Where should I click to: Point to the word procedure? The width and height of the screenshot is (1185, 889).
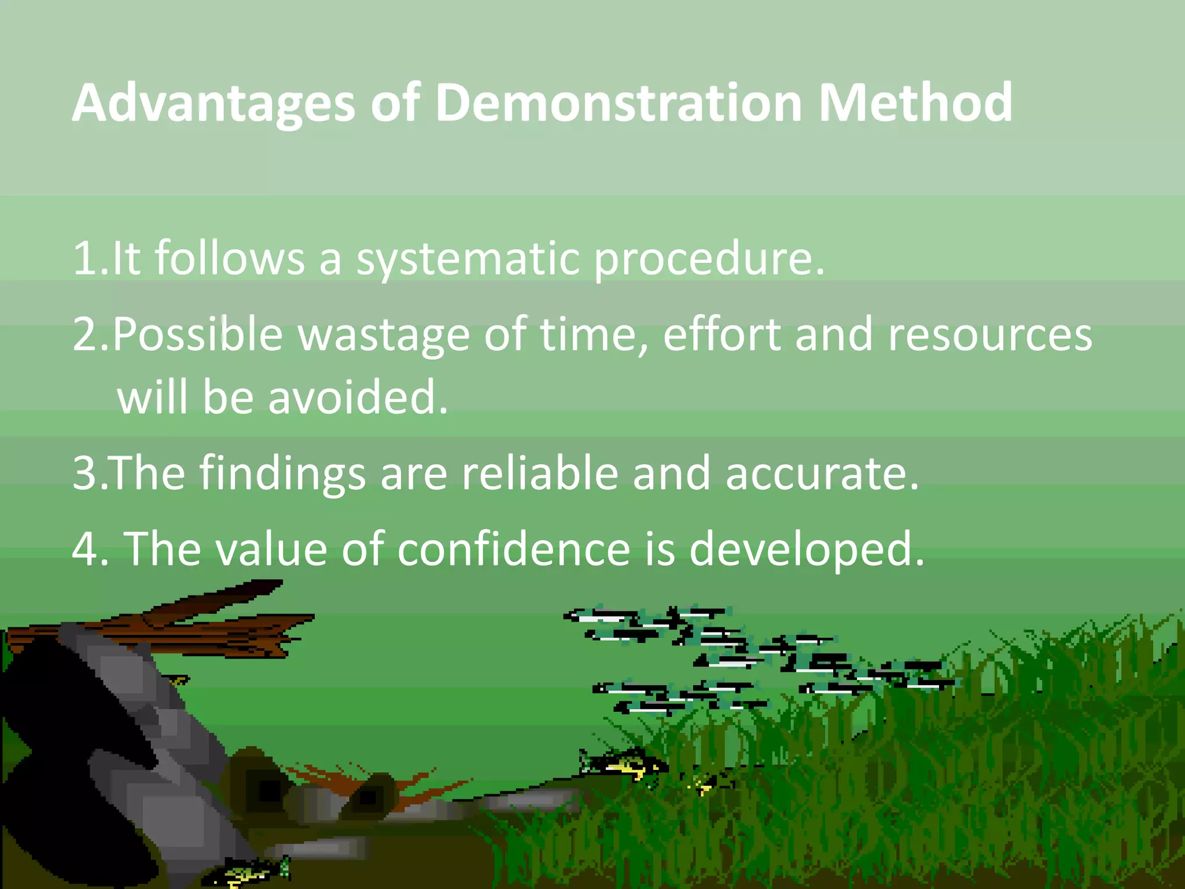pyautogui.click(x=709, y=259)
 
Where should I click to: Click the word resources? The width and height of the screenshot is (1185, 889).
pyautogui.click(x=990, y=335)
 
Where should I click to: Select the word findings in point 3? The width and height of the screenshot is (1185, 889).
pyautogui.click(x=283, y=474)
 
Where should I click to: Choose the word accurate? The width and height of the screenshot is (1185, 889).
pyautogui.click(x=822, y=474)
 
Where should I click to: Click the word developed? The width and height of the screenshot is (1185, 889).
pyautogui.click(x=807, y=550)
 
